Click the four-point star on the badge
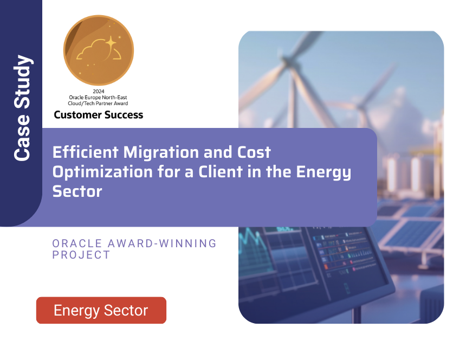click(x=111, y=42)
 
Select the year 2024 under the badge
click(x=98, y=91)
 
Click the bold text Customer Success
click(x=98, y=114)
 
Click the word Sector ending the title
click(x=77, y=191)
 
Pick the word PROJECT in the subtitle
click(x=81, y=254)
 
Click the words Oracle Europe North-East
click(x=98, y=97)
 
